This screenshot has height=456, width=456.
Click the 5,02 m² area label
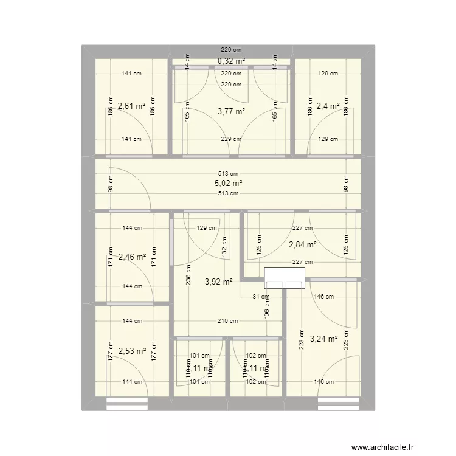(x=229, y=183)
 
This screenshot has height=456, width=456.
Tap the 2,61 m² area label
(x=132, y=106)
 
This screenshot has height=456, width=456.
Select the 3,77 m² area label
(x=231, y=111)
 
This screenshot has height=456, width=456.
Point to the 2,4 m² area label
(x=327, y=106)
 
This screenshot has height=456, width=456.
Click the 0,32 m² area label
(x=231, y=61)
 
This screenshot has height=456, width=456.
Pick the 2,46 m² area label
(x=133, y=257)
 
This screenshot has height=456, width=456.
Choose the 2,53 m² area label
(x=133, y=351)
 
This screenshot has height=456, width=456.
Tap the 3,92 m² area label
(x=219, y=282)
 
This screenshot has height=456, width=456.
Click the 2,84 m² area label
(x=303, y=245)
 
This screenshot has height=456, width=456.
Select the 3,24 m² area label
(x=323, y=339)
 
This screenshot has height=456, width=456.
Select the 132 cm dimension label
(x=224, y=250)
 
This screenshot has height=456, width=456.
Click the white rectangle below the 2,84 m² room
(x=284, y=278)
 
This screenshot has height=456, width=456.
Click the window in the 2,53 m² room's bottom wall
(x=128, y=400)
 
